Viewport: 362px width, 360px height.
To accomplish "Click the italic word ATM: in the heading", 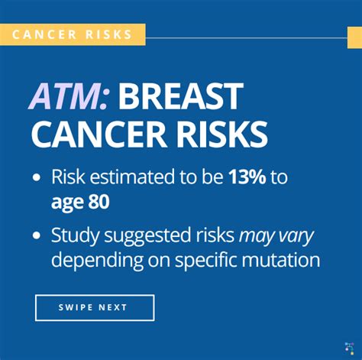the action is tap(69, 97).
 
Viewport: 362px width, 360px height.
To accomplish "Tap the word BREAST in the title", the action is tap(180, 97).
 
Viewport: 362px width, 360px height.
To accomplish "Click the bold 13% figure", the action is tap(247, 177).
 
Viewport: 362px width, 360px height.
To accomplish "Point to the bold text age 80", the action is tap(80, 203).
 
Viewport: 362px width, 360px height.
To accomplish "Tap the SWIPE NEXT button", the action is tap(95, 307).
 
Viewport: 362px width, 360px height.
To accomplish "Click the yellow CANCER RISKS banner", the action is tap(73, 34).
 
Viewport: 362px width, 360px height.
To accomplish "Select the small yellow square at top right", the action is tap(354, 37).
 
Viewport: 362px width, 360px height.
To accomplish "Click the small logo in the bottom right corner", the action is tap(349, 349).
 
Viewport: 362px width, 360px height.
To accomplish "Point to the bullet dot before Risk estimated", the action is tap(37, 177).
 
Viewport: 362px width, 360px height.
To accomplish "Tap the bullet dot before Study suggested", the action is tap(37, 235).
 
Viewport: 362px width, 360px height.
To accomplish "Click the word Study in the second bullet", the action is tap(75, 236).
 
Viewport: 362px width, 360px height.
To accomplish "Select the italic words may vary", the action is tap(276, 237).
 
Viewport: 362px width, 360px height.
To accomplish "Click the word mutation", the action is tap(281, 260).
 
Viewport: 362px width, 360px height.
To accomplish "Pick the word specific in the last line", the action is tap(206, 261).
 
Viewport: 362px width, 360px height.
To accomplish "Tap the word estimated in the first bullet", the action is tap(132, 177).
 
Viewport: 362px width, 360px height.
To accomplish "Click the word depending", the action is tap(97, 261).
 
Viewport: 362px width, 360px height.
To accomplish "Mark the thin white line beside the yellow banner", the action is tap(247, 38).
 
